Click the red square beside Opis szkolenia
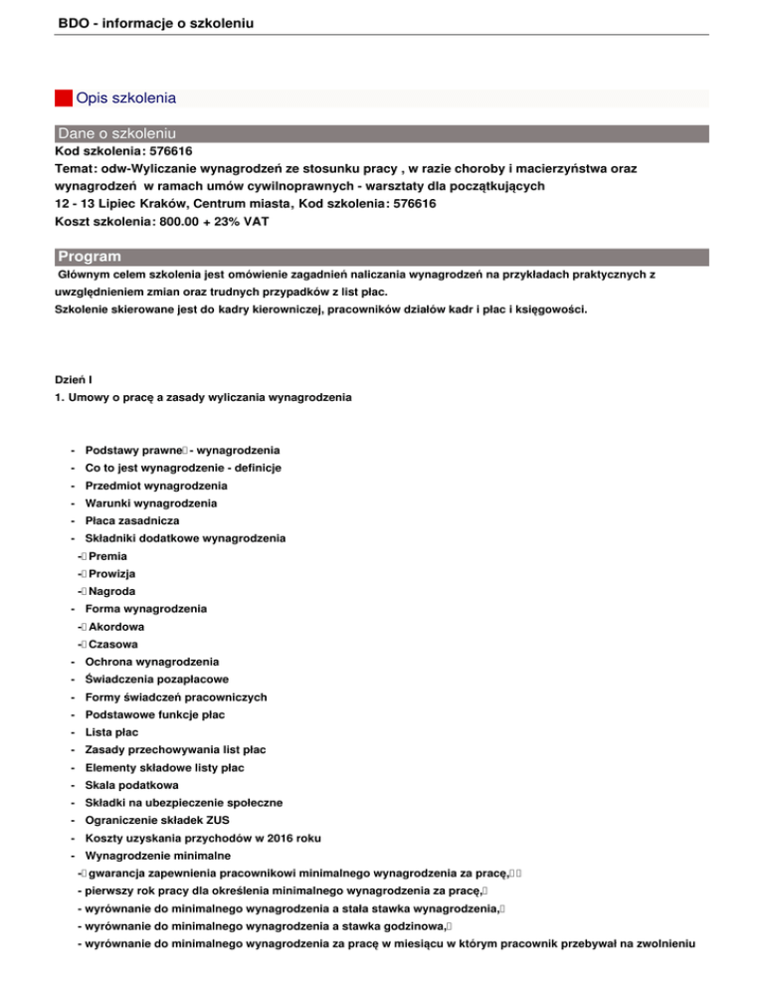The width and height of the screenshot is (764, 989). [63, 99]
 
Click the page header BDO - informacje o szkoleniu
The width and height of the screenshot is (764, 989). [149, 18]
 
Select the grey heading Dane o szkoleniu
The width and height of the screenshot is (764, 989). [117, 133]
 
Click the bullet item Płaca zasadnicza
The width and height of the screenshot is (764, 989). [132, 520]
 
